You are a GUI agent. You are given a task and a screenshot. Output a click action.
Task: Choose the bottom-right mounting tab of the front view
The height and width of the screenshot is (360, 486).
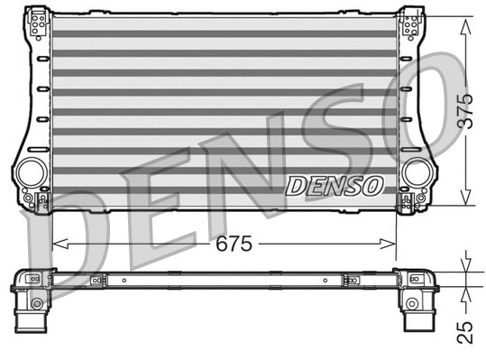coord(412,200)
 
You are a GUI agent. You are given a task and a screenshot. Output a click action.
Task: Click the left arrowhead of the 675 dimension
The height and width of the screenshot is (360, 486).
coord(58,244)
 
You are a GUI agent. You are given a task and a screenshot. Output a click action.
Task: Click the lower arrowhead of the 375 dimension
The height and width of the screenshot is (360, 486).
coord(464,202)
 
